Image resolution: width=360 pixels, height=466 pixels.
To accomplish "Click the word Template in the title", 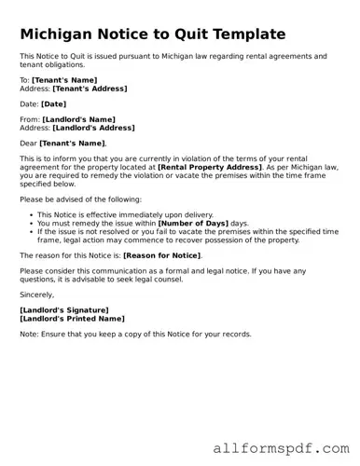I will (x=241, y=34).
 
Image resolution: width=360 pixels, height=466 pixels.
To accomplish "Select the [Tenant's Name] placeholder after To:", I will (x=65, y=81).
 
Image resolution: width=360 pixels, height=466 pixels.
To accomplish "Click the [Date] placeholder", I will (x=53, y=104).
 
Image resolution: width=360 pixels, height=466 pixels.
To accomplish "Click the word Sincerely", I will (x=37, y=294).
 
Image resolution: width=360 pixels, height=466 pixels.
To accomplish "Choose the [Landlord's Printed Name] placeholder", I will (x=71, y=317).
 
